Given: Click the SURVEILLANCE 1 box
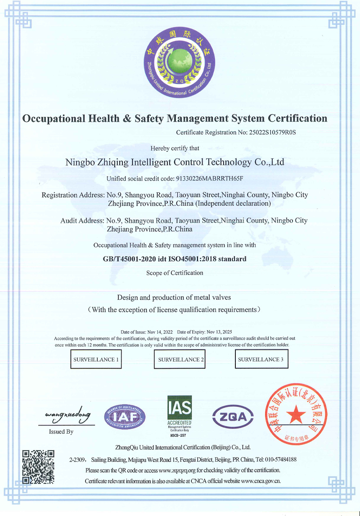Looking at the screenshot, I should (96, 359).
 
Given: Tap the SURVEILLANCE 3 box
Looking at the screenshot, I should (261, 359).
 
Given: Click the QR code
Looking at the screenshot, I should (38, 466).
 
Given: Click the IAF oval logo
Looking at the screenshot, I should (125, 417).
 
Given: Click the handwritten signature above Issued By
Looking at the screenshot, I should (68, 414).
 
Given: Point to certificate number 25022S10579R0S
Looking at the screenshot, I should (275, 132).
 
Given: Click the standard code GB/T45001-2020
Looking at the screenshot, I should (132, 259).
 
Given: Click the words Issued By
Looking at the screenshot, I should (61, 432).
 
